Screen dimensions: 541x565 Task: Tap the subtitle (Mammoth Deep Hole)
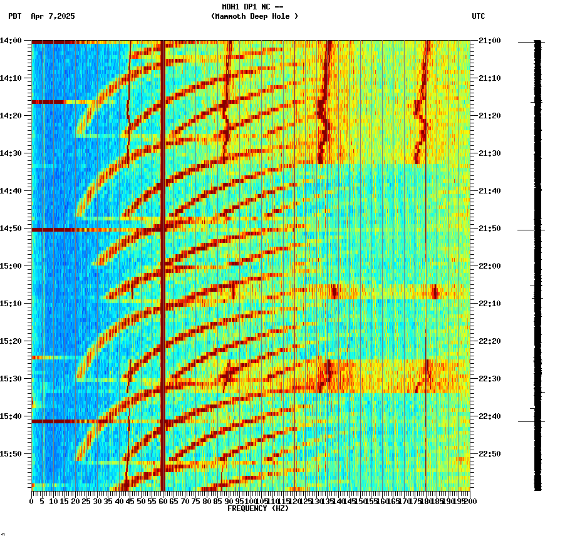pyautogui.click(x=254, y=16)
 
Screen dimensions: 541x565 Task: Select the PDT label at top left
pyautogui.click(x=14, y=16)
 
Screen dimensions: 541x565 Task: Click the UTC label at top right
pyautogui.click(x=478, y=16)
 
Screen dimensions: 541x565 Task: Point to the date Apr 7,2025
pyautogui.click(x=53, y=16)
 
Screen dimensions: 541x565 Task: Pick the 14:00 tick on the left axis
pyautogui.click(x=11, y=41)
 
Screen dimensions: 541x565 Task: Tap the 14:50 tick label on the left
pyautogui.click(x=11, y=229)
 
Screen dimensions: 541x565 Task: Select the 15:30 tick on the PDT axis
pyautogui.click(x=11, y=379)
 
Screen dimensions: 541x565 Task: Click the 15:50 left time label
pyautogui.click(x=11, y=454)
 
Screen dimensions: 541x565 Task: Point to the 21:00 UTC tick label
pyautogui.click(x=489, y=41)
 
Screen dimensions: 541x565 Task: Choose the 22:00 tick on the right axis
pyautogui.click(x=489, y=266)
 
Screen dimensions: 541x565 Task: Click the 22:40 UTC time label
pyautogui.click(x=489, y=416)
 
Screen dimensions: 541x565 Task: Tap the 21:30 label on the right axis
pyautogui.click(x=489, y=153)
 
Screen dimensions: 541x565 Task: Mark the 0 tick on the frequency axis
pyautogui.click(x=32, y=502)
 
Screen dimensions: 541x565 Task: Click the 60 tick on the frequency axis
pyautogui.click(x=163, y=502)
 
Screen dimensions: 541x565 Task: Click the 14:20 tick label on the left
pyautogui.click(x=11, y=116)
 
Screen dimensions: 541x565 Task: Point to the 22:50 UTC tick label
pyautogui.click(x=489, y=454)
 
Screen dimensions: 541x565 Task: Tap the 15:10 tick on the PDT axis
pyautogui.click(x=11, y=304)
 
